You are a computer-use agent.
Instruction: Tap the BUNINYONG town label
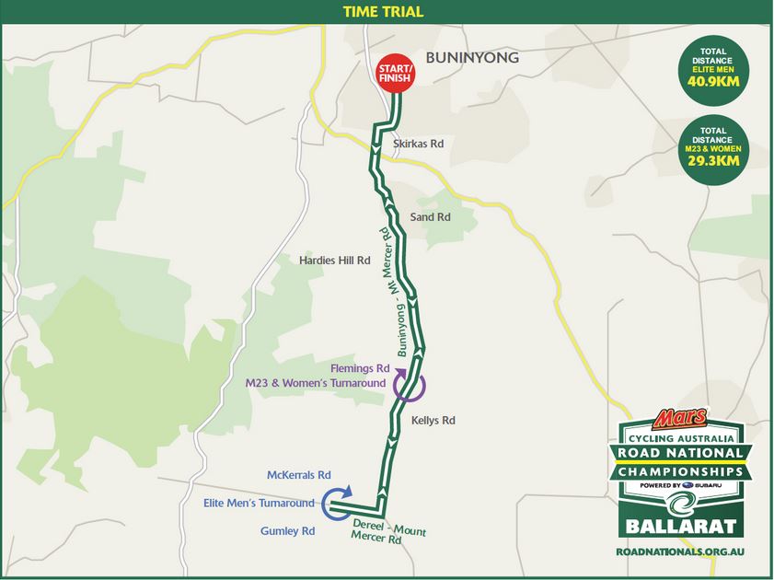pyautogui.click(x=472, y=58)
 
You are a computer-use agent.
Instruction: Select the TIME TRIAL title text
pyautogui.click(x=384, y=12)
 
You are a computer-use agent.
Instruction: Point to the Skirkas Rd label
pyautogui.click(x=419, y=145)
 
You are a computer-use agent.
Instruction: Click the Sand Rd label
pyautogui.click(x=430, y=218)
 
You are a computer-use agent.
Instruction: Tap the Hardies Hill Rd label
pyautogui.click(x=334, y=261)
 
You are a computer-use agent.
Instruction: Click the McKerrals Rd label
pyautogui.click(x=298, y=475)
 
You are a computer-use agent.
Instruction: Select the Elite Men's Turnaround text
pyautogui.click(x=259, y=503)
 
